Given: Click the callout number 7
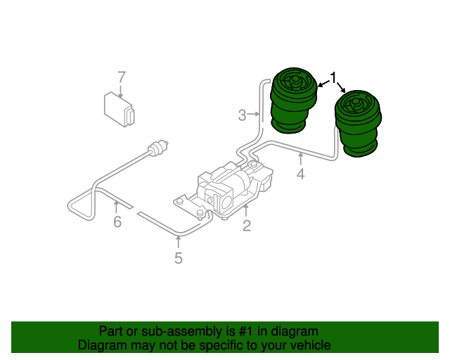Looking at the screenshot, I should point(121,77).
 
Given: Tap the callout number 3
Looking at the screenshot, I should point(242,115).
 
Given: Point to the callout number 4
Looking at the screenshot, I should point(300,174).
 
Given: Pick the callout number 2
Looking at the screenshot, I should point(247,226).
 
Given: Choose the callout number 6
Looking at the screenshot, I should point(117,222).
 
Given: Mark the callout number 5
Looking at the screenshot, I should point(179,258).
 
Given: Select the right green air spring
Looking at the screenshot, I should point(359,125).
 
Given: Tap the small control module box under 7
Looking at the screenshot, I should point(119,108).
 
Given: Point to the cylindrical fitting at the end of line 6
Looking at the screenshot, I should point(159,148).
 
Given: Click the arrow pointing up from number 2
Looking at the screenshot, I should point(247,210).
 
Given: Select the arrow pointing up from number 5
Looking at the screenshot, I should point(179,243).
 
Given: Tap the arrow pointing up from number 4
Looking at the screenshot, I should point(300,158).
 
